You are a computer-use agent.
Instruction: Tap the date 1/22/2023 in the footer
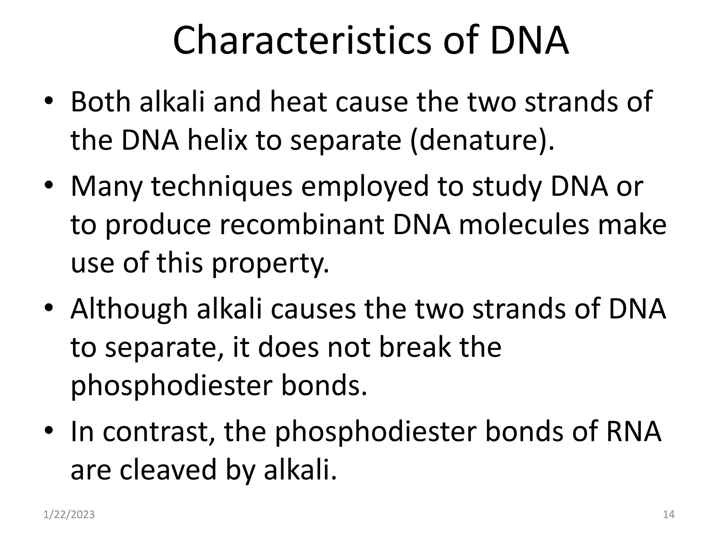point(69,514)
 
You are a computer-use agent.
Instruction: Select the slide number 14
point(669,514)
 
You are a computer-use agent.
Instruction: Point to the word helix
point(217,140)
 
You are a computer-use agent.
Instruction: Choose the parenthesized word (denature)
point(482,140)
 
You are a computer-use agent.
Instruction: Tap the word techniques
point(222,186)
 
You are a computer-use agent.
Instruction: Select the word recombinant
point(302,225)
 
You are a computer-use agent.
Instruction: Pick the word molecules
point(523,225)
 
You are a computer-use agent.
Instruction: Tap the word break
point(415,347)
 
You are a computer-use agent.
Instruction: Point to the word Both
point(101,102)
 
